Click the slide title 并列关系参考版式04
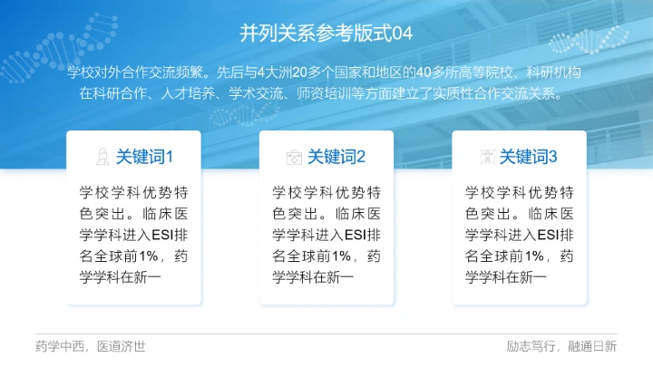[x=326, y=34]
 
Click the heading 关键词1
[x=143, y=157]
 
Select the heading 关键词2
[x=336, y=157]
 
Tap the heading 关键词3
[x=529, y=157]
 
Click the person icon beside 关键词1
[x=102, y=157]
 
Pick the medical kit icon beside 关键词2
[x=294, y=157]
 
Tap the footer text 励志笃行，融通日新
[x=561, y=346]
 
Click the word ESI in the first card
[x=161, y=236]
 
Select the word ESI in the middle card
[x=355, y=236]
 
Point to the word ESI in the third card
[x=548, y=236]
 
